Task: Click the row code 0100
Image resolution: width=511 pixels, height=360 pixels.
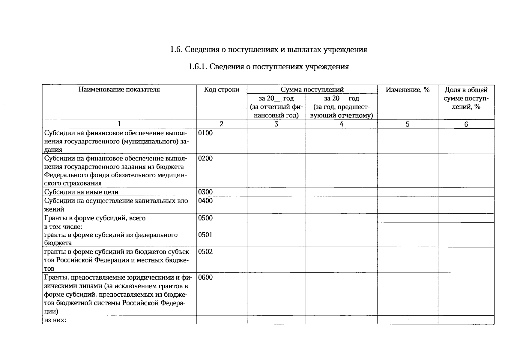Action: click(x=205, y=133)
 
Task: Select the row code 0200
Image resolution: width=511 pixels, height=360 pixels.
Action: click(x=205, y=158)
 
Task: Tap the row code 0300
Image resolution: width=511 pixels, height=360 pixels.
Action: click(x=205, y=192)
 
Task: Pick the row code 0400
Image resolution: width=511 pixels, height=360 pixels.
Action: click(x=205, y=201)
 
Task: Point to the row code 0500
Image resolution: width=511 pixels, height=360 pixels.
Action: click(x=205, y=218)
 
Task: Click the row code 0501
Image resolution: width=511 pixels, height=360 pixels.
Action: click(x=205, y=235)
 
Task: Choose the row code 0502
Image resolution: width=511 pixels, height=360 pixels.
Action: click(x=205, y=252)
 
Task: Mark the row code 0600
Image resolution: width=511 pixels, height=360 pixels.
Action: click(x=205, y=277)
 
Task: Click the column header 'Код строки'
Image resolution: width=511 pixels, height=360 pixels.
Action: click(x=222, y=89)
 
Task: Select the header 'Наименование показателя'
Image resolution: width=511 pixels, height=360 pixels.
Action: click(x=119, y=89)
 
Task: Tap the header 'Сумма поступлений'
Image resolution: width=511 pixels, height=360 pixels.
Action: click(x=312, y=89)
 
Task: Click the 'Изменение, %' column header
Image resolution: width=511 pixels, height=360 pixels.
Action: click(x=408, y=89)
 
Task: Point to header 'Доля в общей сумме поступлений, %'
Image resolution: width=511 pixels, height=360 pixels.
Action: click(x=466, y=98)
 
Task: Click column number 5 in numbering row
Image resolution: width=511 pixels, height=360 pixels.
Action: click(x=408, y=124)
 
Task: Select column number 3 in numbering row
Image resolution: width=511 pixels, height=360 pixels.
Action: click(x=276, y=124)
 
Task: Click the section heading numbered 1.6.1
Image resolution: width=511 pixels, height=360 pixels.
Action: click(x=268, y=67)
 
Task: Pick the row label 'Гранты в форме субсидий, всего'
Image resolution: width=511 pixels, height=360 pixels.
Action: click(x=95, y=218)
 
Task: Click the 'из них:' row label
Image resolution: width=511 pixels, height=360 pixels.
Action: click(x=55, y=320)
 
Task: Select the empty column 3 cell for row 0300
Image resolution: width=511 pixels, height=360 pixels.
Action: click(x=276, y=192)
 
